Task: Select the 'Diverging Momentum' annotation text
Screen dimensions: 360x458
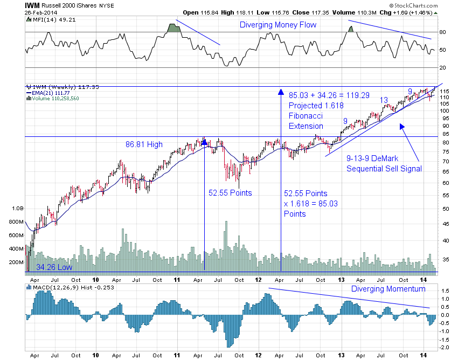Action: coord(388,289)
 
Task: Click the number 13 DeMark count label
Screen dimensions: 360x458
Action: coord(384,100)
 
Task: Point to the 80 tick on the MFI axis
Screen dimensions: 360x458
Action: coord(443,32)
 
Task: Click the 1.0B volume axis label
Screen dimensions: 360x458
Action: coord(17,207)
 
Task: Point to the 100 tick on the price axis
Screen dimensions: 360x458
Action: coord(445,110)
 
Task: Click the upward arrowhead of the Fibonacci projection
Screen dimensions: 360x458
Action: coord(281,92)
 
